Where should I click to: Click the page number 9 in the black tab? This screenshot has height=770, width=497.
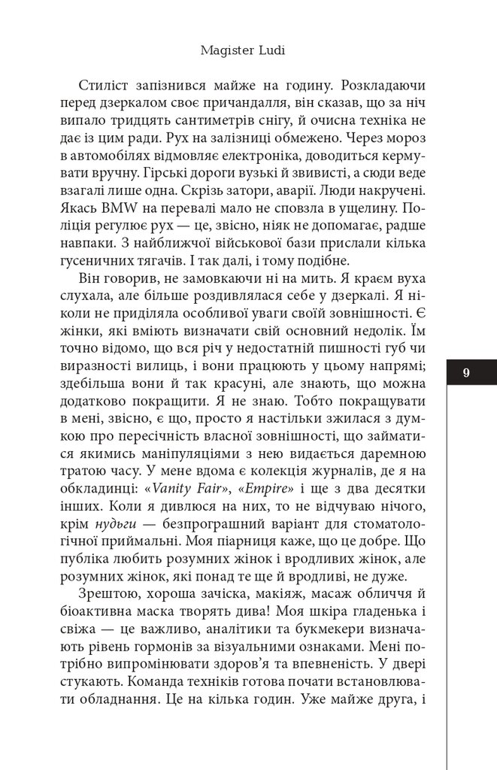coord(467,372)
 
